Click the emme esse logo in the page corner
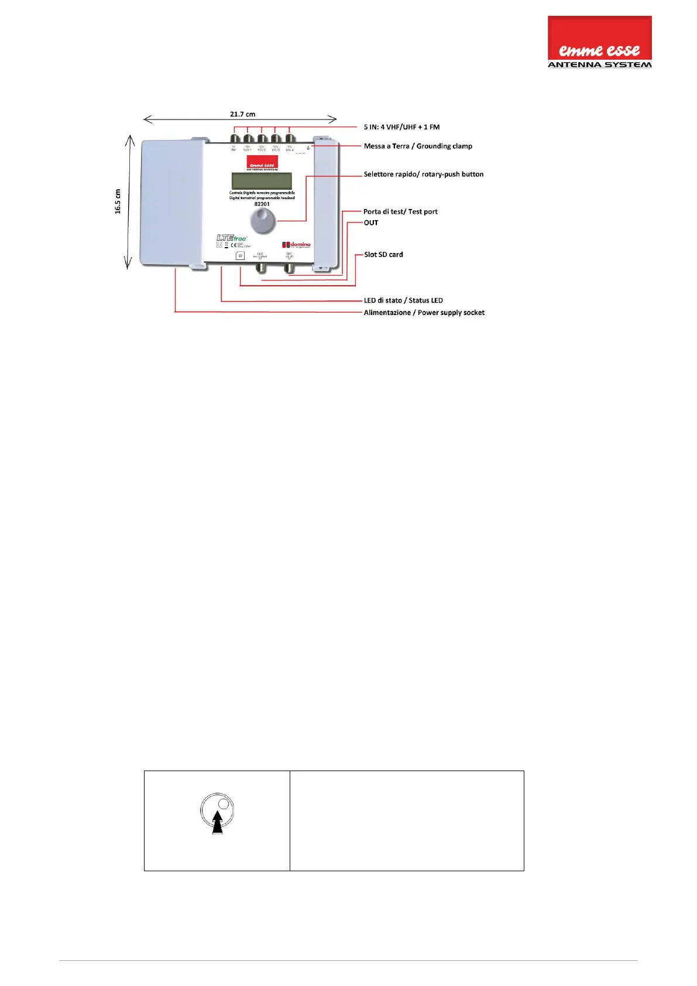(x=599, y=42)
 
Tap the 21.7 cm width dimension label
(x=242, y=114)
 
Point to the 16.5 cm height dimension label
(x=118, y=201)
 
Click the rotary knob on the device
(x=263, y=221)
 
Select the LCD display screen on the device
(x=262, y=181)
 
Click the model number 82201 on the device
(x=262, y=204)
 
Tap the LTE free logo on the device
(x=232, y=238)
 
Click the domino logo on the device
(x=297, y=245)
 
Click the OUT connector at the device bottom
(x=260, y=268)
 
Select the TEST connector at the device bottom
(x=289, y=268)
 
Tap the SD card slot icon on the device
(x=240, y=256)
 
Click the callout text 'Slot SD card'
(x=383, y=255)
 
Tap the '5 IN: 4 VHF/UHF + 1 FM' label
(x=401, y=127)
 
